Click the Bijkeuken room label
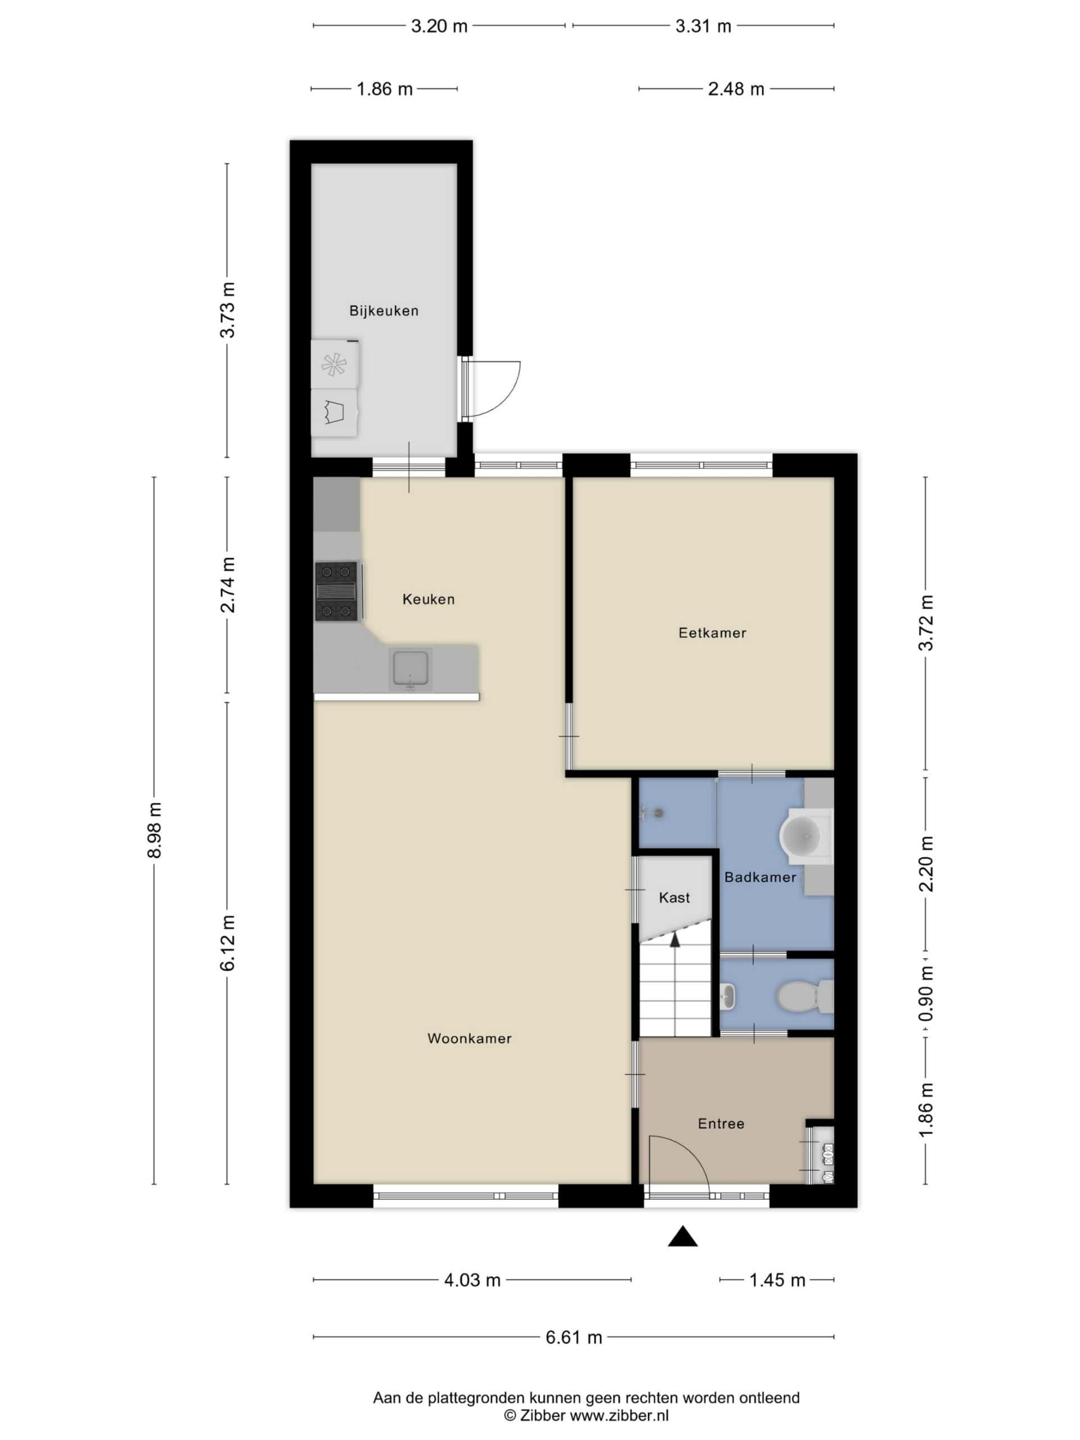[x=384, y=310]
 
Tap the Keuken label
[x=429, y=599]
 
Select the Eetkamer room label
[x=712, y=633]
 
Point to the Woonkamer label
[x=469, y=1038]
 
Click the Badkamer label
[x=760, y=877]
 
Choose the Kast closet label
[x=674, y=898]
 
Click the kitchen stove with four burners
[x=336, y=591]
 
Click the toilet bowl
[x=798, y=996]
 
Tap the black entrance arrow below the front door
[x=682, y=1236]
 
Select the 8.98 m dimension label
[x=154, y=830]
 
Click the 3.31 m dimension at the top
[x=703, y=26]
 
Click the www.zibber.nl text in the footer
[x=620, y=1415]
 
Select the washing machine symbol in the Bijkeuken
[x=334, y=413]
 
